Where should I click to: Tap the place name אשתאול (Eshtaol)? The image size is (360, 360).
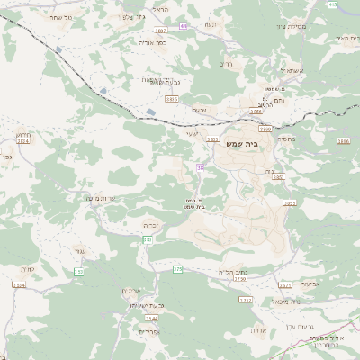point(293,69)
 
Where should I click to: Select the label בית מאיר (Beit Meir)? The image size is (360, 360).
point(342,38)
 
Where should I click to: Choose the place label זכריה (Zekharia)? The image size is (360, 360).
point(151,225)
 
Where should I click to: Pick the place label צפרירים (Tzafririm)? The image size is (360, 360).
point(149,331)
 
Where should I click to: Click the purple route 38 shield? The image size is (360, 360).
point(200,167)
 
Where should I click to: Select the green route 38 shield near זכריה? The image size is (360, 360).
point(147,239)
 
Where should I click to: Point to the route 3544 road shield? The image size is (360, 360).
point(151,318)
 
